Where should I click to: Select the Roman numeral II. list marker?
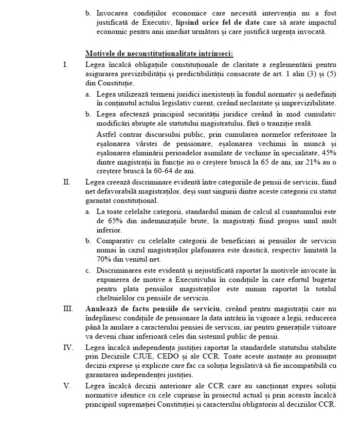point(66,182)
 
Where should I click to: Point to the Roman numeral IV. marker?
point(68,348)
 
